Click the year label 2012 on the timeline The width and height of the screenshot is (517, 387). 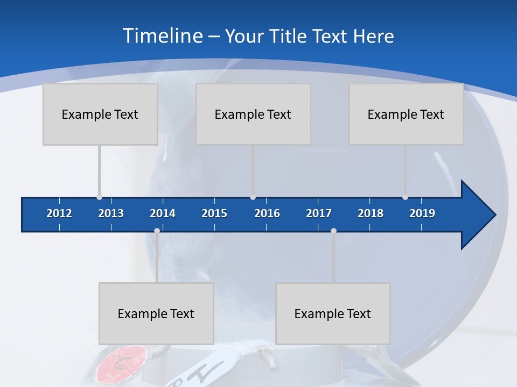[x=59, y=213]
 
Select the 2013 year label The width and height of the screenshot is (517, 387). [x=111, y=213]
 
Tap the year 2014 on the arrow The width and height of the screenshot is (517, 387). [x=163, y=213]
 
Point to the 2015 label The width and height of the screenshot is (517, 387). [x=214, y=213]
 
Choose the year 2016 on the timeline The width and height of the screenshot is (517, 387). [x=267, y=213]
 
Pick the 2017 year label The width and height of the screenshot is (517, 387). [x=319, y=213]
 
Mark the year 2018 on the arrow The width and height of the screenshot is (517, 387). [x=371, y=213]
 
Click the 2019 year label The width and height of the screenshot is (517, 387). [x=422, y=213]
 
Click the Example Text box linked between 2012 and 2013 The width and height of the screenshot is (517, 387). [x=100, y=114]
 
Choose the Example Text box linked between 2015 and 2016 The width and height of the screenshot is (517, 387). [x=253, y=114]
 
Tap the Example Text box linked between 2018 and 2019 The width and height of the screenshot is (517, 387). [x=406, y=114]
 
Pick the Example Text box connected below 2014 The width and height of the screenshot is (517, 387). [x=156, y=313]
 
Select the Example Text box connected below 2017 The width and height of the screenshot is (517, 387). [x=333, y=313]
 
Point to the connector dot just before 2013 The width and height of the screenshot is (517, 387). [x=99, y=197]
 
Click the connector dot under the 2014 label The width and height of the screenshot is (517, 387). [x=157, y=231]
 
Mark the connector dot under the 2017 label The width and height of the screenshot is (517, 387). [x=333, y=231]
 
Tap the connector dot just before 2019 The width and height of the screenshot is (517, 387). [x=405, y=197]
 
